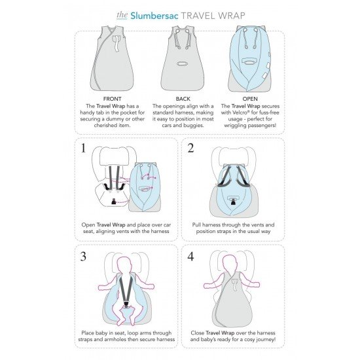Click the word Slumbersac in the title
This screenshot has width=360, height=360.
coord(154,16)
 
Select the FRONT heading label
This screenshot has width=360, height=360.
coord(113,99)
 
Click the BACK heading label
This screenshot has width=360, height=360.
coord(183,99)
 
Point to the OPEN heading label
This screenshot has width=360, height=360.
coord(250,99)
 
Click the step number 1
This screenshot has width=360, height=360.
coord(84,148)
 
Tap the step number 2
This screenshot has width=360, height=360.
coord(190,148)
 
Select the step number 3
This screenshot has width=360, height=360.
coord(83,257)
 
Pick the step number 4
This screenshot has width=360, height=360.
coord(190,257)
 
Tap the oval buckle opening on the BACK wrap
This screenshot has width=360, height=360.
coord(183,63)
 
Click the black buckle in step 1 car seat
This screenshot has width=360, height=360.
coord(114,202)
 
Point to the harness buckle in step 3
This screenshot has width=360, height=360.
coord(126,304)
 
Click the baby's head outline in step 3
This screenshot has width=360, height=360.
coord(125,264)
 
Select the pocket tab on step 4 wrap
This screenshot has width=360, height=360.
coord(234,285)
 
